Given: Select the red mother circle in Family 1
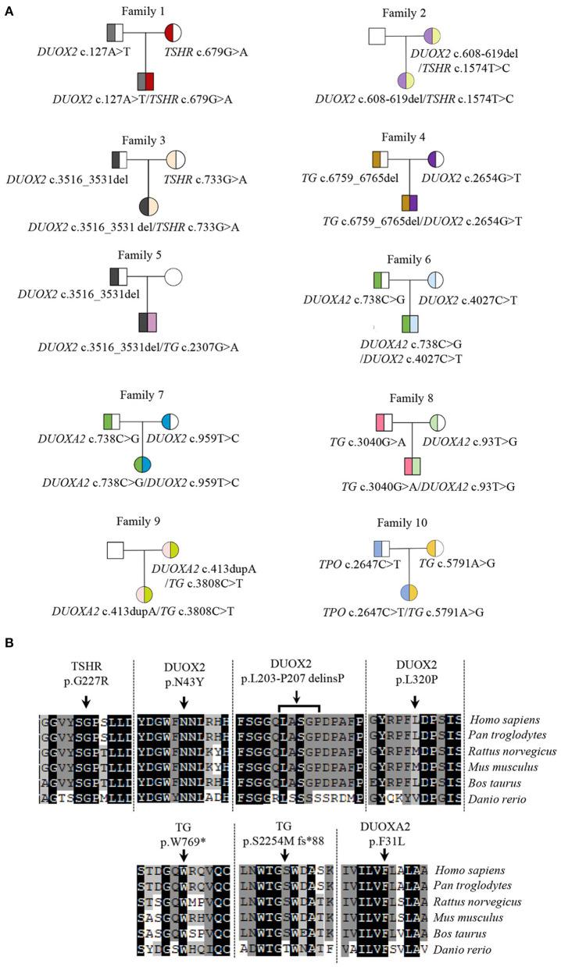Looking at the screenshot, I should pos(173,33).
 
